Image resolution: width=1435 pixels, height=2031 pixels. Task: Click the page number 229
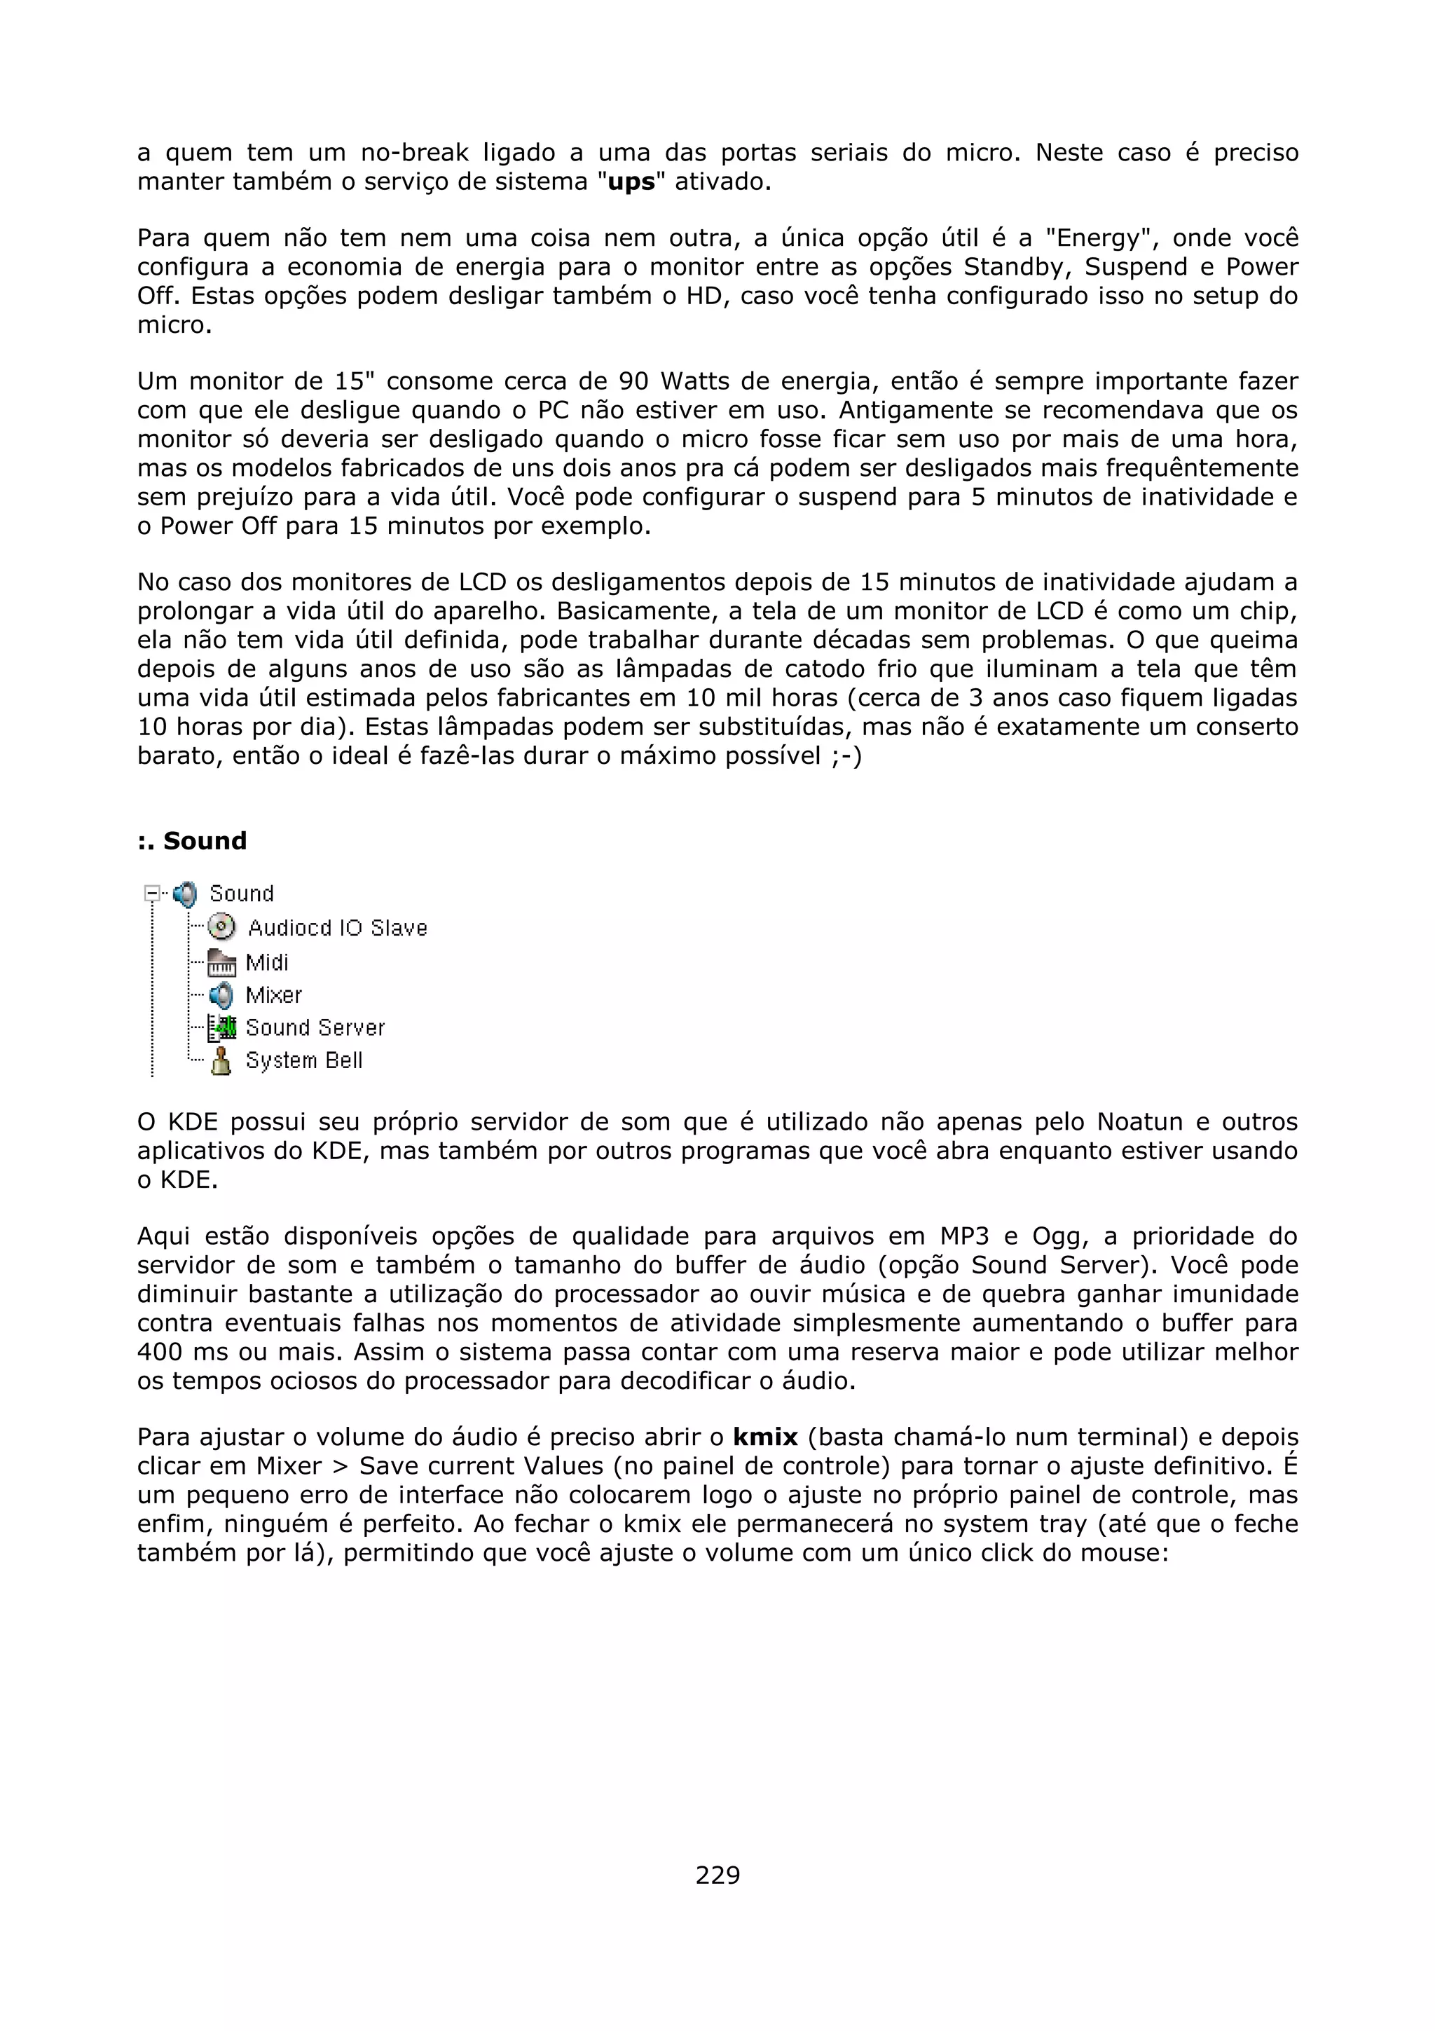coord(717,1875)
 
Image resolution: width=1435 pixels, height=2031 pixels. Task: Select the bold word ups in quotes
coord(631,182)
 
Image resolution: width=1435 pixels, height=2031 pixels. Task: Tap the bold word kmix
coord(765,1437)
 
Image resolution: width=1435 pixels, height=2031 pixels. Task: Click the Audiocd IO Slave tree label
coord(337,928)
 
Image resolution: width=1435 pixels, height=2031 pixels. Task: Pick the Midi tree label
coord(267,962)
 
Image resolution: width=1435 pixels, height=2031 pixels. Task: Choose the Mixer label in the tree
coord(273,995)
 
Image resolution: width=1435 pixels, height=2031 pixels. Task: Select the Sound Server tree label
coord(315,1028)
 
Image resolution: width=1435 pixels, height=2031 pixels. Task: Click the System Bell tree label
coord(303,1060)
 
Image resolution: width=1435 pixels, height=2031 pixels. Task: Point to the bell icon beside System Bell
coord(221,1060)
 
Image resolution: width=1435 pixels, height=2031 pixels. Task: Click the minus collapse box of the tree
coord(152,894)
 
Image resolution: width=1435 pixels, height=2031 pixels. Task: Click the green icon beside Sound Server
coord(222,1028)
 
